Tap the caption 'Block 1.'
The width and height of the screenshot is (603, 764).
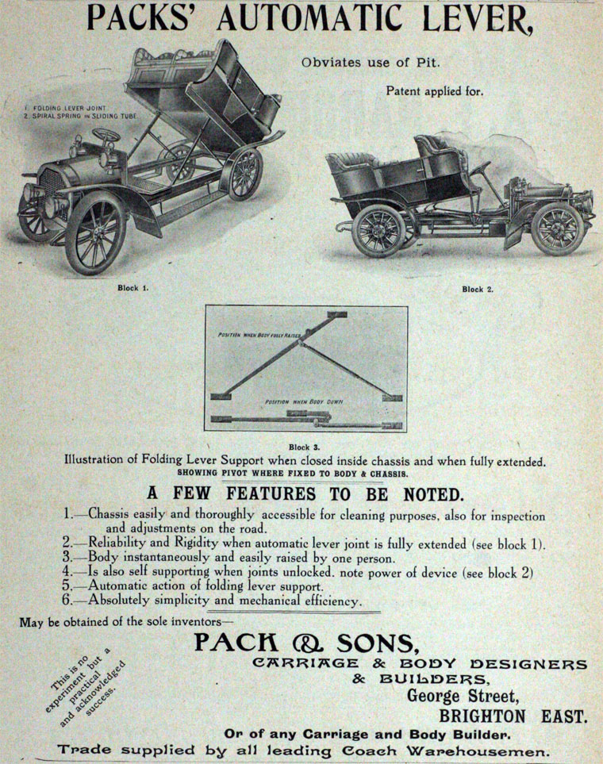click(133, 287)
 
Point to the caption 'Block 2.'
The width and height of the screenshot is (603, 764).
click(478, 289)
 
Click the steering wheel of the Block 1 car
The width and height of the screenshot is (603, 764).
click(106, 137)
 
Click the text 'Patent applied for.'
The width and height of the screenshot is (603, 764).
click(434, 90)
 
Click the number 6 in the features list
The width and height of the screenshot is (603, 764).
click(68, 601)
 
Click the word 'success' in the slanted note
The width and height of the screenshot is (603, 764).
click(100, 687)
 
